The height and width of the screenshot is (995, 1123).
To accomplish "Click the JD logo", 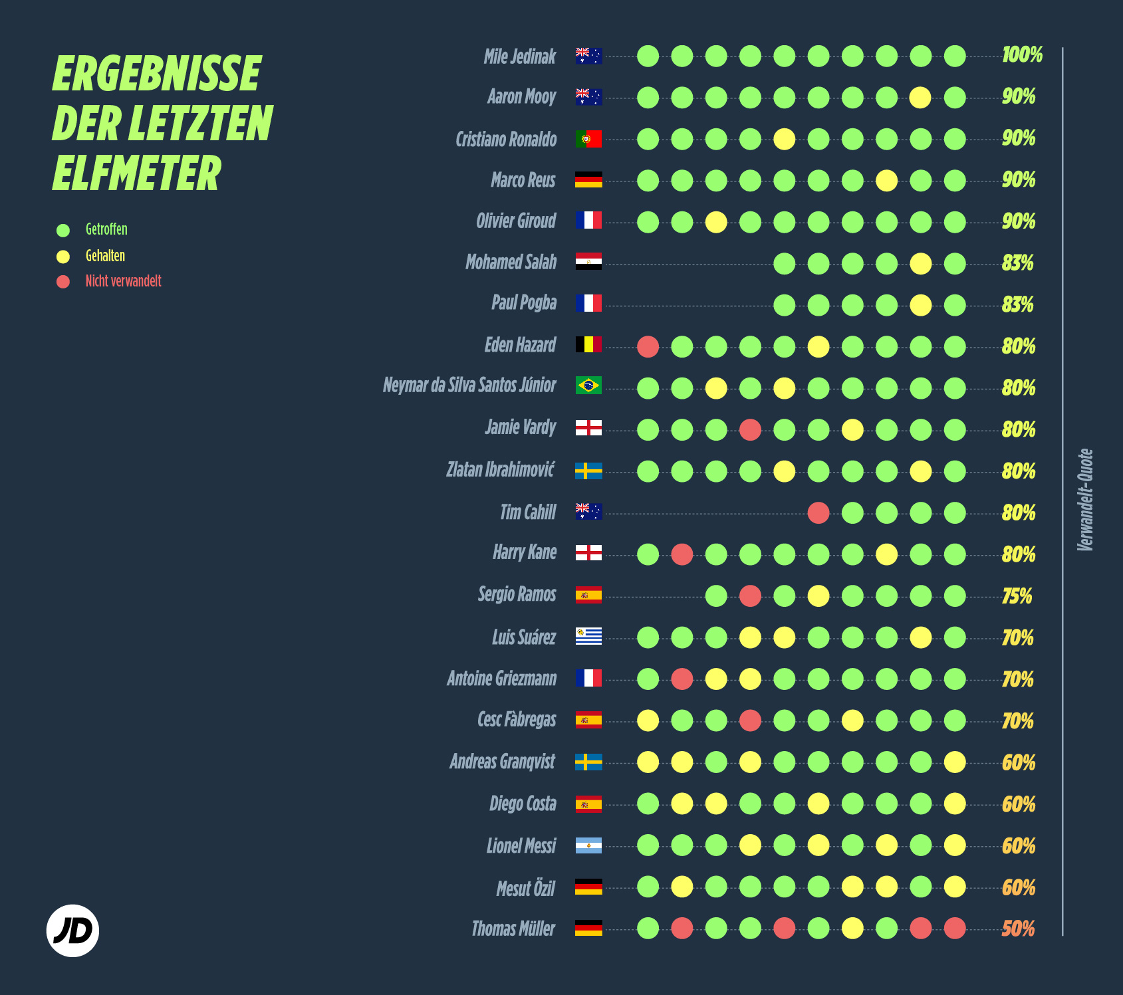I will click(72, 931).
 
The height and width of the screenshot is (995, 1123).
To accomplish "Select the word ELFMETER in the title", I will click(137, 173).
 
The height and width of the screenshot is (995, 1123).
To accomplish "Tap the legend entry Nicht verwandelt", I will click(123, 281).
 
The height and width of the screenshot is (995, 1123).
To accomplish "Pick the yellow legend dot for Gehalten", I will click(63, 257).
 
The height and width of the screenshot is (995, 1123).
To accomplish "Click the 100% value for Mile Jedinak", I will click(1022, 55).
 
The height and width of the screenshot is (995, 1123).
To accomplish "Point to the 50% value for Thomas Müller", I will click(1018, 929).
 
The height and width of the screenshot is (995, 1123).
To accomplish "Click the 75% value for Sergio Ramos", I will click(1017, 596).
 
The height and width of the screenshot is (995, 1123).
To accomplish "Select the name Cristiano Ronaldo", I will click(506, 139).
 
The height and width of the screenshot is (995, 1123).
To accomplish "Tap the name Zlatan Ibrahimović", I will click(500, 470).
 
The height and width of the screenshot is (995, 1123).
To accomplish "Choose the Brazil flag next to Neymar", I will click(588, 386).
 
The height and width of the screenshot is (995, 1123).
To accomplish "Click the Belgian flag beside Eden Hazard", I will click(588, 344).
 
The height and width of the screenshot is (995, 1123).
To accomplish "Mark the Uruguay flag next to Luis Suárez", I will click(588, 636).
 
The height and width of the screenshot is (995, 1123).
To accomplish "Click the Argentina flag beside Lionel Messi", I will click(588, 845).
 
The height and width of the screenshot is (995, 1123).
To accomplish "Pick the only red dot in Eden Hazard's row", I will click(648, 346).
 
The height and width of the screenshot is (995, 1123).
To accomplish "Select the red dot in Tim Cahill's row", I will click(818, 512).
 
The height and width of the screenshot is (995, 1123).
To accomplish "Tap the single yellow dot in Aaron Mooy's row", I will click(920, 98).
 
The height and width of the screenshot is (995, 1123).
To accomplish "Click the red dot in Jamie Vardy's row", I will click(750, 429).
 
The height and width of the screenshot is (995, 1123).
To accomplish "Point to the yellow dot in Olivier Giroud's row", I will click(716, 222).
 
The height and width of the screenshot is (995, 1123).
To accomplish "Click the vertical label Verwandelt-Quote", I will click(1085, 500).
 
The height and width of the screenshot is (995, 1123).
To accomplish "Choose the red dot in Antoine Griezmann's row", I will click(682, 679).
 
